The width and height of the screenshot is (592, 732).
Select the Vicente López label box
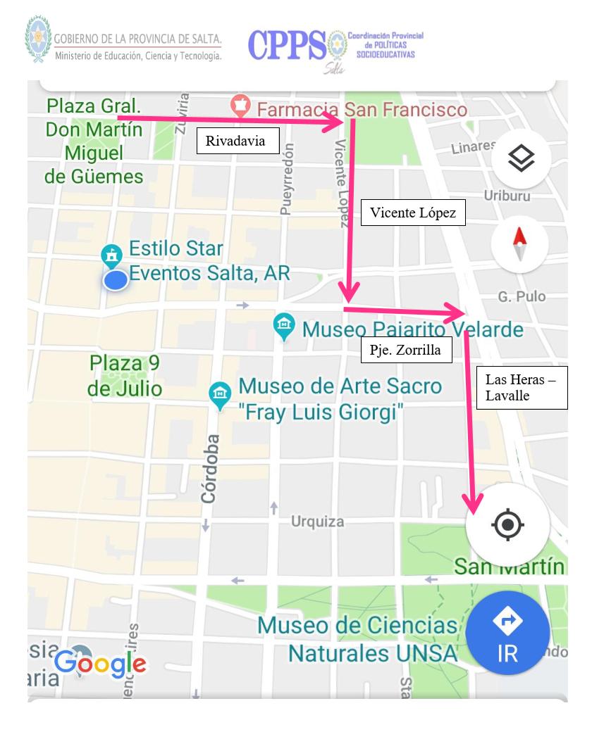pyautogui.click(x=413, y=213)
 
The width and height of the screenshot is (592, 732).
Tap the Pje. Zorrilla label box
pyautogui.click(x=406, y=350)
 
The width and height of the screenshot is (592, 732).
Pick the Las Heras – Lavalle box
pyautogui.click(x=522, y=387)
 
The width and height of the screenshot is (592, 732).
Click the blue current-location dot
pyautogui.click(x=116, y=280)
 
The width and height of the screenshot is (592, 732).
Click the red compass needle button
pyautogui.click(x=520, y=245)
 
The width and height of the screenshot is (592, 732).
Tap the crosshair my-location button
pyautogui.click(x=508, y=524)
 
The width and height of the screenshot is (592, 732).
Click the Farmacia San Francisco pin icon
pyautogui.click(x=241, y=107)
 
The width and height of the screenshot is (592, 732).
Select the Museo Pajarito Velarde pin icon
pyautogui.click(x=284, y=327)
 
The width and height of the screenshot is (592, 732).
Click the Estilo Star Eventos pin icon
pyautogui.click(x=111, y=255)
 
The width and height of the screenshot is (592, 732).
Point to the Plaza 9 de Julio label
pyautogui.click(x=125, y=376)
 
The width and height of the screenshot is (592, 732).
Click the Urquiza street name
pyautogui.click(x=318, y=522)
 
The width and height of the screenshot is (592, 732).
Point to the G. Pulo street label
pyautogui.click(x=522, y=297)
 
